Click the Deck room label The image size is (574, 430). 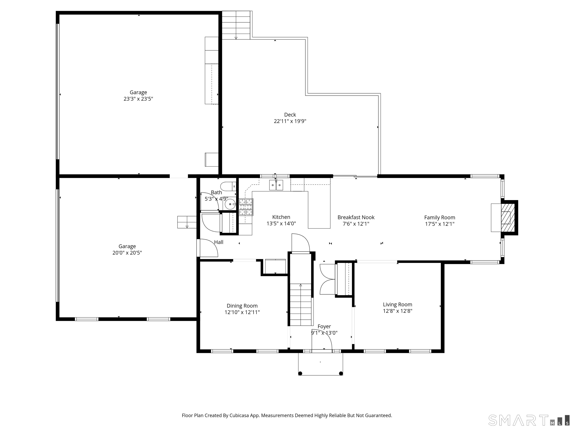tap(290, 115)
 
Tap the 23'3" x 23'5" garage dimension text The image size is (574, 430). tap(138, 99)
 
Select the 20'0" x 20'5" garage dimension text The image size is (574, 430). tap(127, 253)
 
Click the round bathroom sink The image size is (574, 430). tap(230, 204)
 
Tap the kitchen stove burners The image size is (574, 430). tap(246, 207)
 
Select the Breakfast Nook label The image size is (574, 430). tap(356, 217)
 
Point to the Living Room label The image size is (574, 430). tap(398, 305)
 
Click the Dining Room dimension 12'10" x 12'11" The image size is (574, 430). tap(242, 312)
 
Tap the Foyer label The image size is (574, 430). tap(324, 327)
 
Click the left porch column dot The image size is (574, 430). tap(300, 373)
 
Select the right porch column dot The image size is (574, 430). tap(341, 373)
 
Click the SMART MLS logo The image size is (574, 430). tap(529, 420)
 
